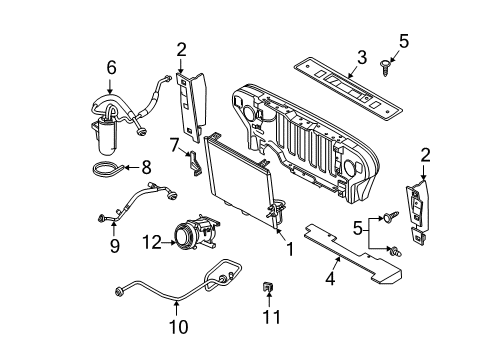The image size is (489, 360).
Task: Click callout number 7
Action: coord(174,147)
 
